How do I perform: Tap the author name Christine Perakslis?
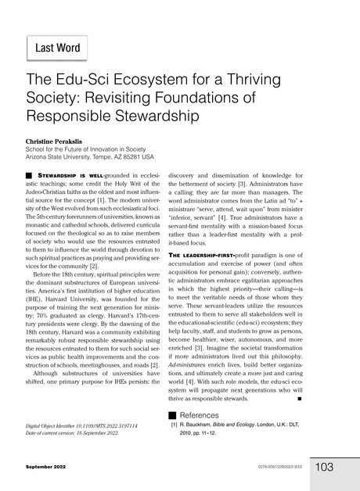(59, 142)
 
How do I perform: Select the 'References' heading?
(203, 413)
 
